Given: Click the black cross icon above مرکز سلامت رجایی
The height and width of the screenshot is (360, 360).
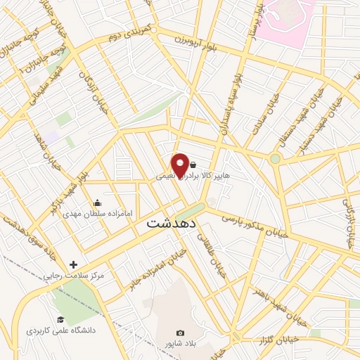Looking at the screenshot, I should tap(73, 264).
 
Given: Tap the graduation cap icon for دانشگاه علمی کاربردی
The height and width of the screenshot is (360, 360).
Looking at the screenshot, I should tap(60, 320).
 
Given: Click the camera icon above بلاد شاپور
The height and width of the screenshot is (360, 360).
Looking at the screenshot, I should tap(180, 333).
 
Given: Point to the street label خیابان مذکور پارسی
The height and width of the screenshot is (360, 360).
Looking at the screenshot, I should tap(253, 227).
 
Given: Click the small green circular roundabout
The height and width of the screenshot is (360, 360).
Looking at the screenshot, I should tap(275, 159).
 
